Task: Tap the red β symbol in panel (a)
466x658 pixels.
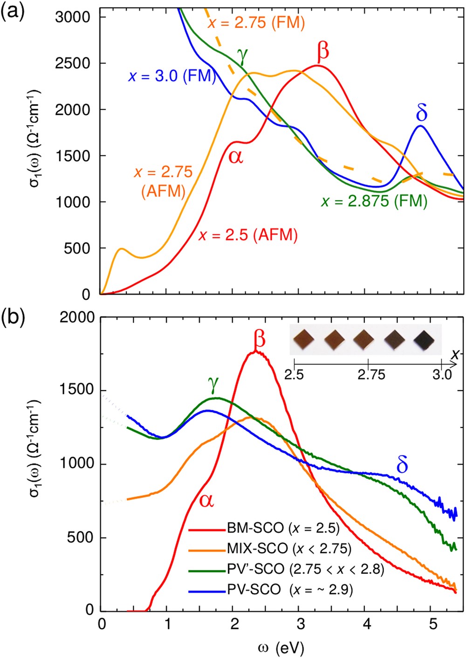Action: coord(322,51)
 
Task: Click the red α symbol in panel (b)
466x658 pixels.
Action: coord(206,500)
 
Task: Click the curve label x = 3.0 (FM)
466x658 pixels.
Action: coord(171,76)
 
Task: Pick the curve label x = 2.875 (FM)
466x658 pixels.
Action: coord(374,201)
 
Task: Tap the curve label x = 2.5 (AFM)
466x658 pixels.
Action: coord(248,235)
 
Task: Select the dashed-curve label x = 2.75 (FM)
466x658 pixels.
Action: coord(256,23)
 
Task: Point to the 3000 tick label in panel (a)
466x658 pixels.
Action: coord(72,17)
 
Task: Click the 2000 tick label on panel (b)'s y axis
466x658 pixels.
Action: coord(77,317)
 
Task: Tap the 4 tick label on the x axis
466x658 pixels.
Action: coord(367,624)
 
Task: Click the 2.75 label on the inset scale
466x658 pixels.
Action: coord(371,374)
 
